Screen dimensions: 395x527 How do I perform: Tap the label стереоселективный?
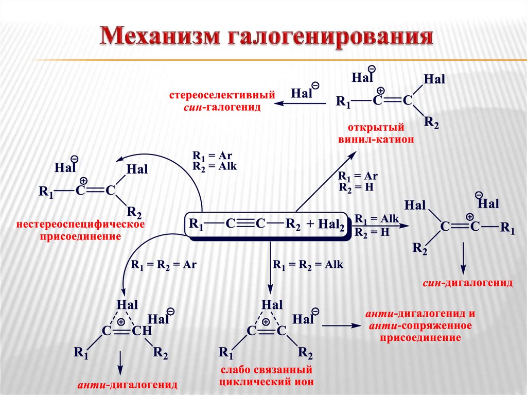pos(222,95)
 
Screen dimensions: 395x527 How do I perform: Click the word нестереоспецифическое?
pos(80,225)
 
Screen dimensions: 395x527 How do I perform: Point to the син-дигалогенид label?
pos(468,283)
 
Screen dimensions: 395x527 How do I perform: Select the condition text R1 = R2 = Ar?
pos(164,265)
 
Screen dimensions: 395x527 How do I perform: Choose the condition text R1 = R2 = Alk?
pos(308,265)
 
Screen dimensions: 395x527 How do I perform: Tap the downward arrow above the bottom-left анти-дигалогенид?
pos(120,363)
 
